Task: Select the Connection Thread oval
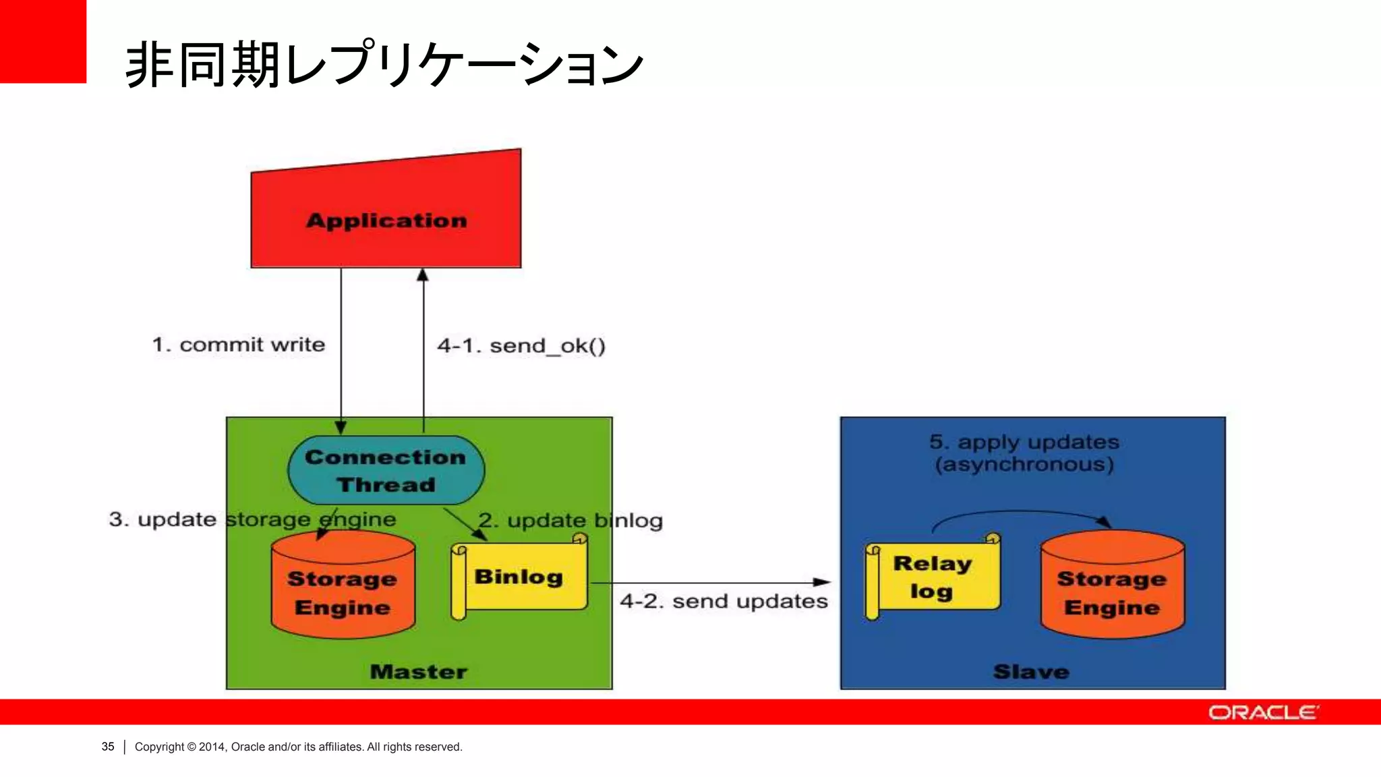point(386,470)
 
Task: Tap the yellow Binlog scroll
point(519,577)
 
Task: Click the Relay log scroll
point(933,577)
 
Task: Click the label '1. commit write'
point(239,345)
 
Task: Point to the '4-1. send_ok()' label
point(521,346)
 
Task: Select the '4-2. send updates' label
point(724,601)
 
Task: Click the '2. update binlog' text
point(570,521)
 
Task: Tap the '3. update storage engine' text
point(252,519)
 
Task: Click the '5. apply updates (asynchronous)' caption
point(1024,453)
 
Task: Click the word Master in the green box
point(419,672)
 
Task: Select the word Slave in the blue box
point(1031,672)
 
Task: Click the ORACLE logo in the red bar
point(1263,712)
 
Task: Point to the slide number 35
point(108,747)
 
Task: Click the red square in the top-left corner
point(42,40)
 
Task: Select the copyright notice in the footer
point(298,747)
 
